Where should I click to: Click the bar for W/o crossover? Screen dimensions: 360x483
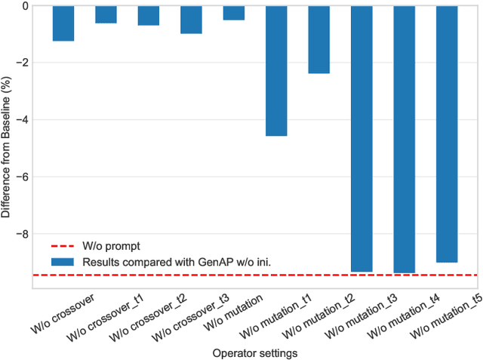click(63, 23)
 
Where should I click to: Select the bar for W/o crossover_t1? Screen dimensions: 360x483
click(106, 14)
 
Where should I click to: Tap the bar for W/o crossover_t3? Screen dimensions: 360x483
click(192, 20)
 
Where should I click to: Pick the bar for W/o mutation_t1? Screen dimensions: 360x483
click(276, 70)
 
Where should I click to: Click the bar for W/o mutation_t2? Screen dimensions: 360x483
click(319, 39)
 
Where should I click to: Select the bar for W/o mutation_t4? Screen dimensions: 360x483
click(405, 139)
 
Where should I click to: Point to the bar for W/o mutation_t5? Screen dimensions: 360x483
click(448, 134)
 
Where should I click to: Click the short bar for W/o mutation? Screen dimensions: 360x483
click(234, 13)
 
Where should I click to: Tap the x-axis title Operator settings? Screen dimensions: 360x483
click(255, 352)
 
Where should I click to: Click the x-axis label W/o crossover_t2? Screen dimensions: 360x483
click(148, 317)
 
